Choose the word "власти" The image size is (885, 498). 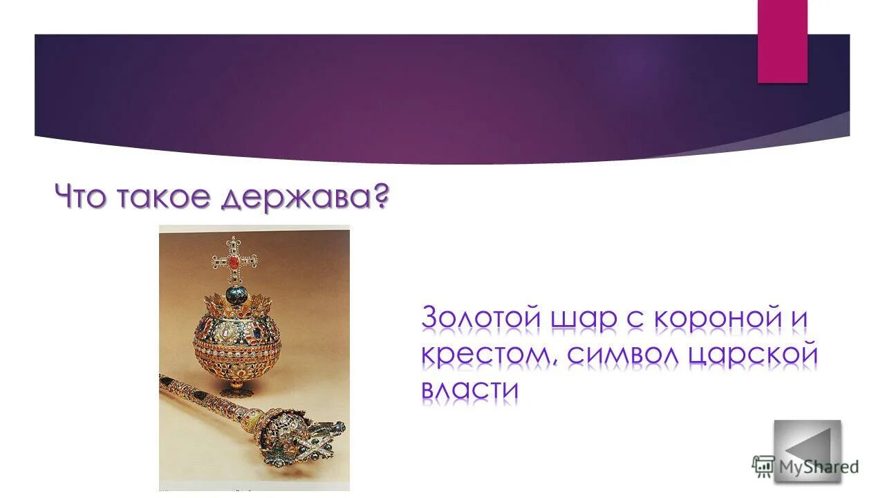[x=469, y=390]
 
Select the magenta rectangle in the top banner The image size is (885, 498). [x=782, y=41]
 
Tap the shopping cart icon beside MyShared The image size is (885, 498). [x=763, y=466]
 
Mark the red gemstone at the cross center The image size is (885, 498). [x=234, y=261]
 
